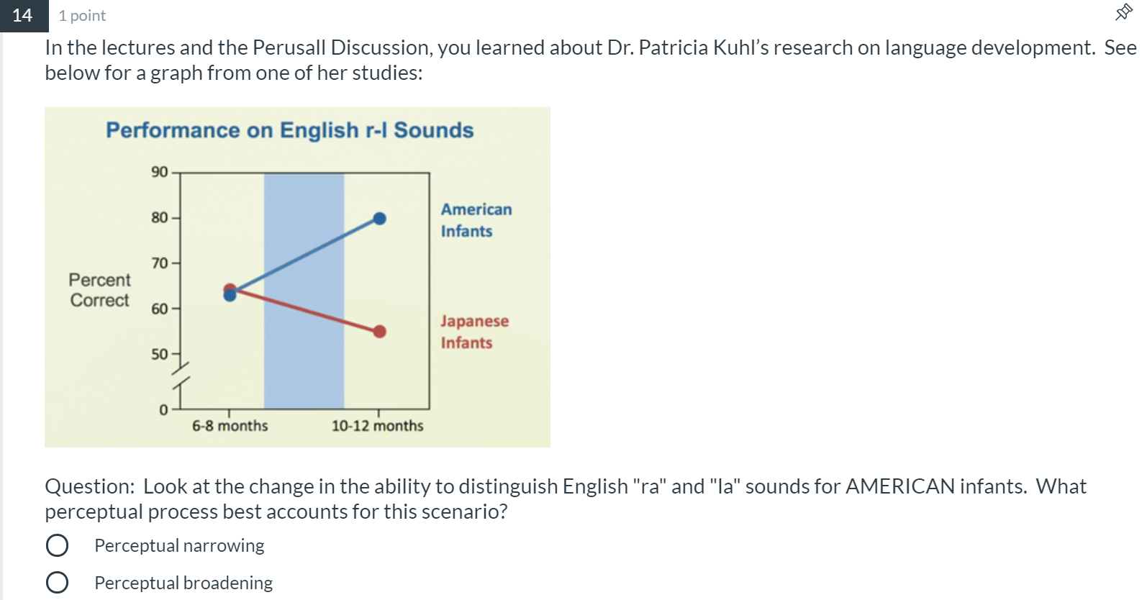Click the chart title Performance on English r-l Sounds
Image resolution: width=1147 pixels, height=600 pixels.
290,130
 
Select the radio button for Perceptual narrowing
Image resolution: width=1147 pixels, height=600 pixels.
57,545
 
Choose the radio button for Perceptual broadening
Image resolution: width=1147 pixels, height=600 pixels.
57,582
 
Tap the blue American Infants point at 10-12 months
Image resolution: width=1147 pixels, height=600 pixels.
379,219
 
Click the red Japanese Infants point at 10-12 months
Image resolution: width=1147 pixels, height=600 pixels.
379,332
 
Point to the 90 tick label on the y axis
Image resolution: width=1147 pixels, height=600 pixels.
159,172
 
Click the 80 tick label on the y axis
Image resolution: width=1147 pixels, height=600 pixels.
159,217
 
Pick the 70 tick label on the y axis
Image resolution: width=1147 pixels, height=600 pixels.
159,263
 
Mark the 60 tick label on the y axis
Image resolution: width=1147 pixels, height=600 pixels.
159,309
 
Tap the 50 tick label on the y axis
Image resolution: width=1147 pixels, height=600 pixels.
159,354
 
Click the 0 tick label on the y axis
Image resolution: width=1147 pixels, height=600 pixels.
163,409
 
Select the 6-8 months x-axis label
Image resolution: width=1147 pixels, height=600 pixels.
230,425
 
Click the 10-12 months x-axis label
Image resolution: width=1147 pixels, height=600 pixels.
377,425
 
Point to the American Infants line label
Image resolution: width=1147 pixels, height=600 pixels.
476,220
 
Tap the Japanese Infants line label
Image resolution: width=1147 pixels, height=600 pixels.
475,332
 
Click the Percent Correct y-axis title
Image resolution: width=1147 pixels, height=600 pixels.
99,290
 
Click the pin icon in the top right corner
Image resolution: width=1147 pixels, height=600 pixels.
1124,12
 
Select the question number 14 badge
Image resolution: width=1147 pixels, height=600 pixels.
24,15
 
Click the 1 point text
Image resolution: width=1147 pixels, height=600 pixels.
82,16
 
